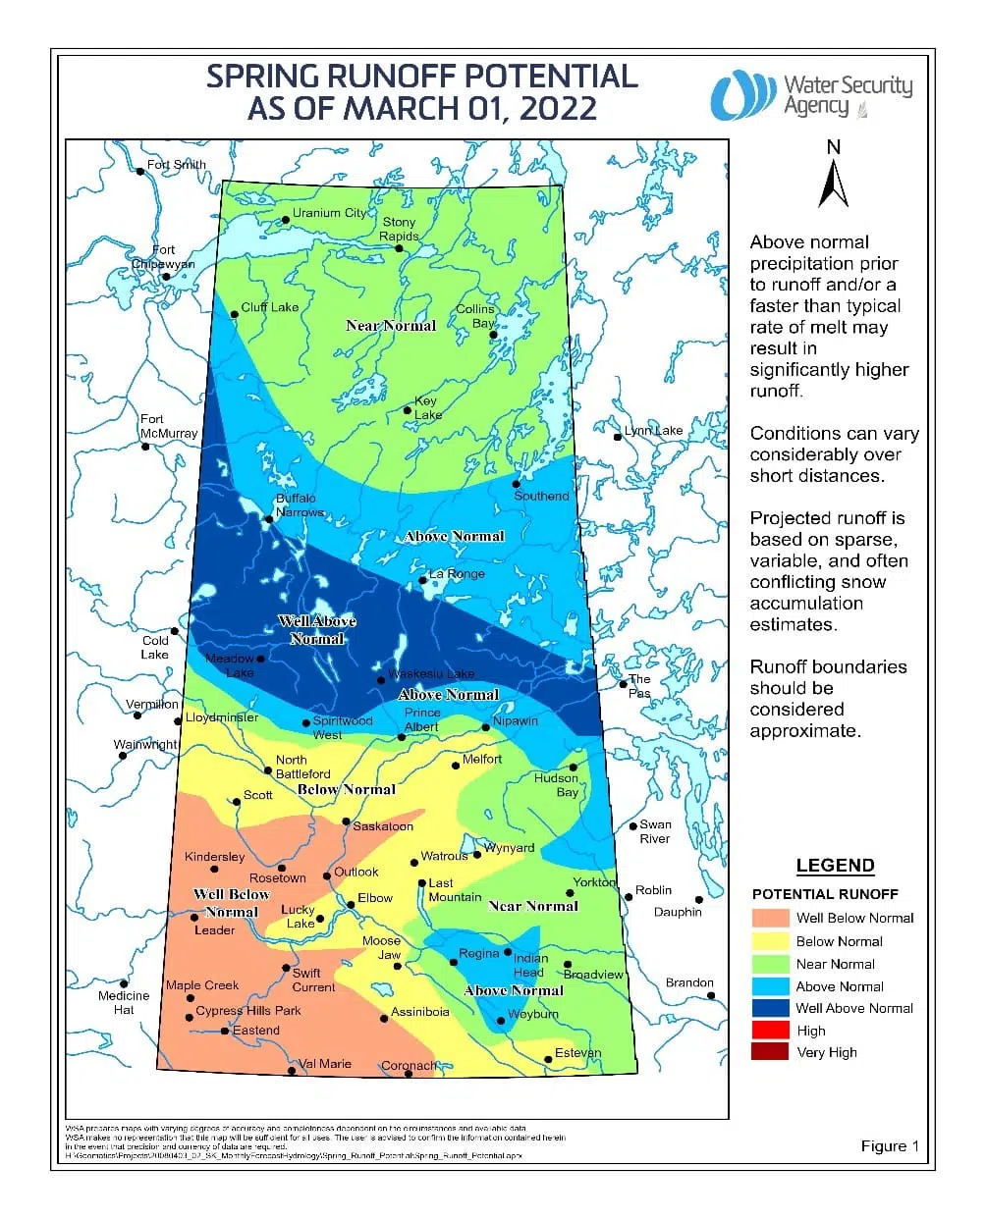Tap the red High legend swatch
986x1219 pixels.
770,1031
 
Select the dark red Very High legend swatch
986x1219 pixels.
770,1052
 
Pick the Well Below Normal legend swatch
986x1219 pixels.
770,918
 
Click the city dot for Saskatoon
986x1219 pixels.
346,821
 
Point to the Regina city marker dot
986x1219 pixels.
454,962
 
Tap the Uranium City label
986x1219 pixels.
329,212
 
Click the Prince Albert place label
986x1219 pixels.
421,719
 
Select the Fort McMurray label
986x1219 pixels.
168,426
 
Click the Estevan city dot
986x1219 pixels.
548,1058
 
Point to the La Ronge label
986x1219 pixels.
457,573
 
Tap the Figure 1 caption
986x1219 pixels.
890,1145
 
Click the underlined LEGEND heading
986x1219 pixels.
835,866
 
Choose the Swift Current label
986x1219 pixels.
313,980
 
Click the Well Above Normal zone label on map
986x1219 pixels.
317,629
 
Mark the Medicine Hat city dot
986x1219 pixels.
125,983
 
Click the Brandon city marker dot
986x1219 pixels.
711,995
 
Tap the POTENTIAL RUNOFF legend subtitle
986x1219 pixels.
825,894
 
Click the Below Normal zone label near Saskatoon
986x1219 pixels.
346,789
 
